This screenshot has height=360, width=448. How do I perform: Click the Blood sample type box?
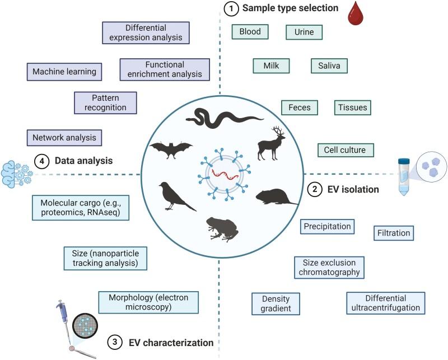(250, 32)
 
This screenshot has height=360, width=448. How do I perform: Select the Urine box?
(304, 32)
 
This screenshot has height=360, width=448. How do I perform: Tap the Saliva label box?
(329, 66)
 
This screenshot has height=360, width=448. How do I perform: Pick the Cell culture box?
(345, 150)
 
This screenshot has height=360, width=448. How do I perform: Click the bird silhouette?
(174, 197)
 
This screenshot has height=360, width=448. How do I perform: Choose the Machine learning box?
(64, 72)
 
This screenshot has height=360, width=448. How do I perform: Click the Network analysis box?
(64, 137)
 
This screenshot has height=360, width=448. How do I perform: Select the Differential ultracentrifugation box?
(386, 303)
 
